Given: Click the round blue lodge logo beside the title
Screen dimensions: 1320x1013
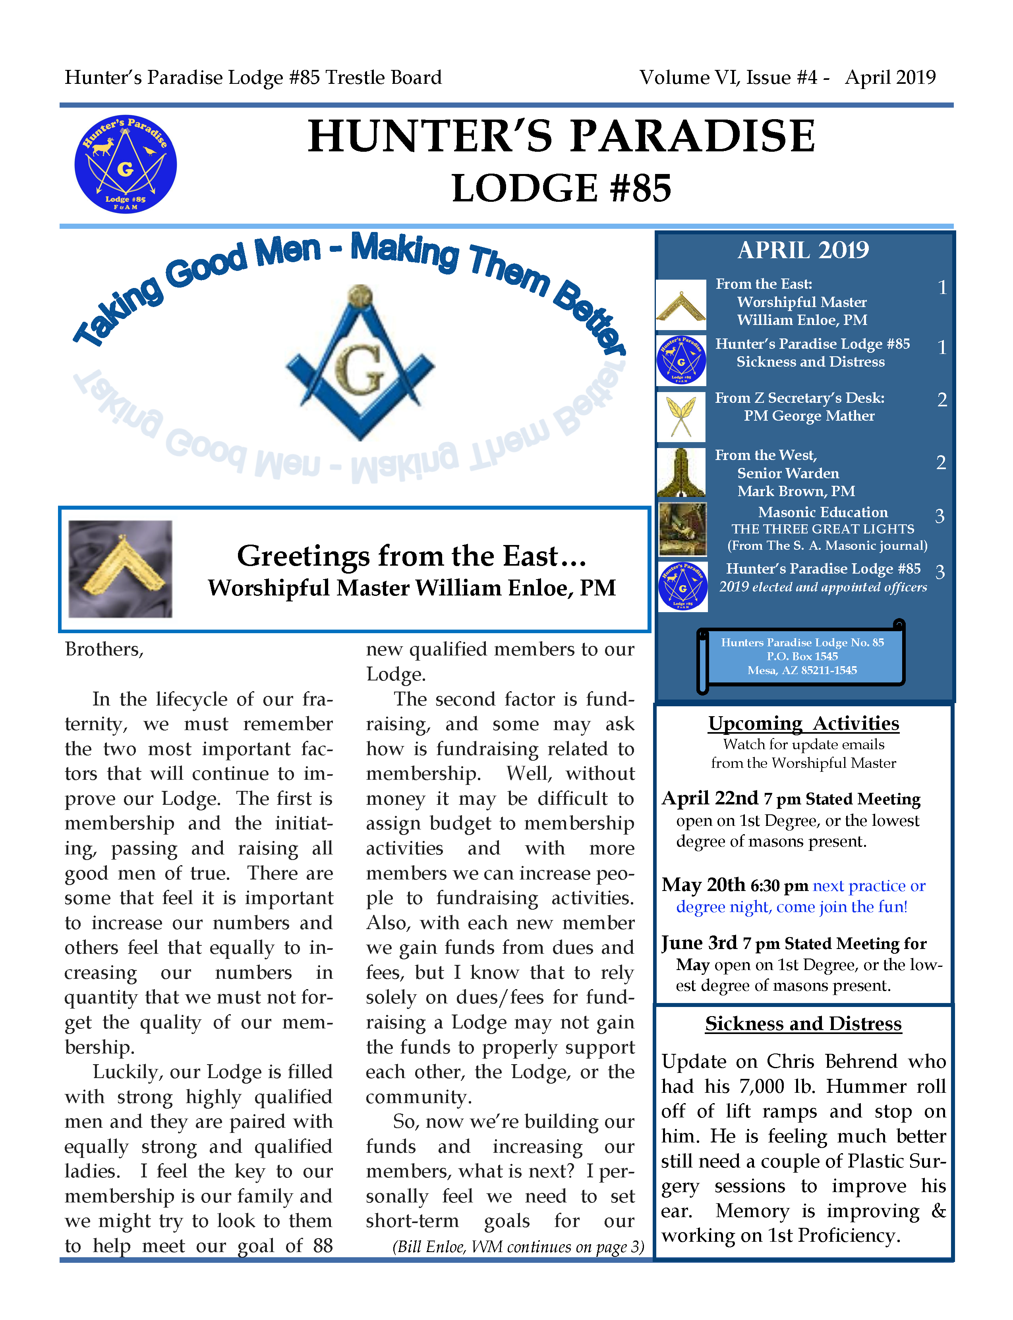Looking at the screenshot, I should [126, 164].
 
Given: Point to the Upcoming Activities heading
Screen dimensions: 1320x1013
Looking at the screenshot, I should [803, 723].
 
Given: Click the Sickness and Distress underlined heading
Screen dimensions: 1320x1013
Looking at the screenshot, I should [803, 1023].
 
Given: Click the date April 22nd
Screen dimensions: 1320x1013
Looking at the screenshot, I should [710, 798].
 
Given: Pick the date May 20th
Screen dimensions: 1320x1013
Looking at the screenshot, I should [704, 885].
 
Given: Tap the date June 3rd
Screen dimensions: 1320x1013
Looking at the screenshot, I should [700, 943].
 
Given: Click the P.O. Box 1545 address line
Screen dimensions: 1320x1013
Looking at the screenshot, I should [802, 656].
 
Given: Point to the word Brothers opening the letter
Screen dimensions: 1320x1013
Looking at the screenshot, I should [104, 649].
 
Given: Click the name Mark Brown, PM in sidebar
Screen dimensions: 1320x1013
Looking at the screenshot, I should [796, 491].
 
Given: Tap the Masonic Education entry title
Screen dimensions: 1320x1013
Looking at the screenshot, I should [822, 512].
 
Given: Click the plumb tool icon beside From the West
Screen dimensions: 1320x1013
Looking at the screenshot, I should [681, 472].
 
